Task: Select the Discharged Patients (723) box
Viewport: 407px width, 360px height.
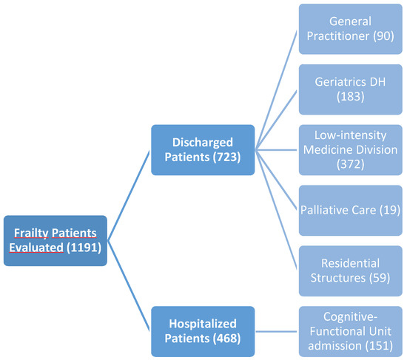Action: tap(203, 150)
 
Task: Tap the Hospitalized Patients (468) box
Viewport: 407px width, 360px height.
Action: tap(203, 330)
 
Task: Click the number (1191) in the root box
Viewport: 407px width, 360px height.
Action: tap(83, 248)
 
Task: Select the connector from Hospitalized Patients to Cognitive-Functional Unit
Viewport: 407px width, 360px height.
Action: tap(277, 330)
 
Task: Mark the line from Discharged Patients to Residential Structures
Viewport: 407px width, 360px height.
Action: tap(277, 210)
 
